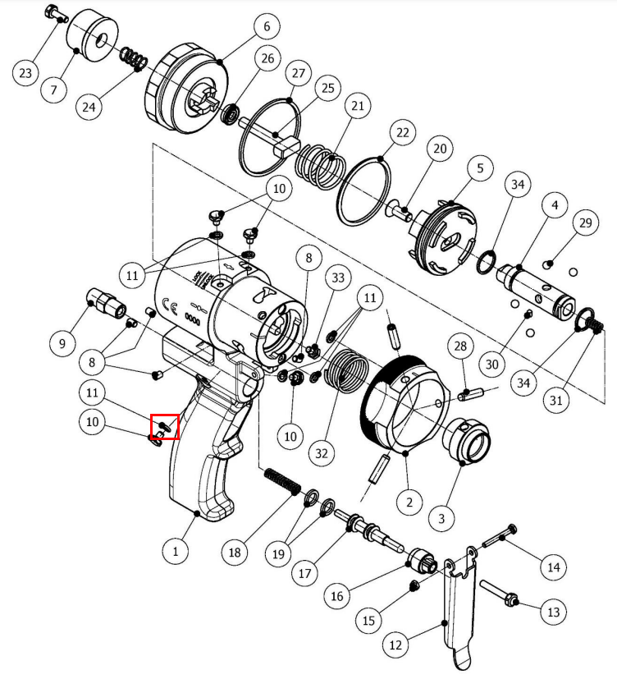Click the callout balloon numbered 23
(26, 73)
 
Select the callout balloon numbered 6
(266, 27)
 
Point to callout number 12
(396, 645)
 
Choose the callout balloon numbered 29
(584, 223)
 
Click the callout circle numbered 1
(175, 551)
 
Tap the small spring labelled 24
(133, 60)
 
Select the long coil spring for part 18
(281, 482)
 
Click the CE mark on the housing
(169, 308)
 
